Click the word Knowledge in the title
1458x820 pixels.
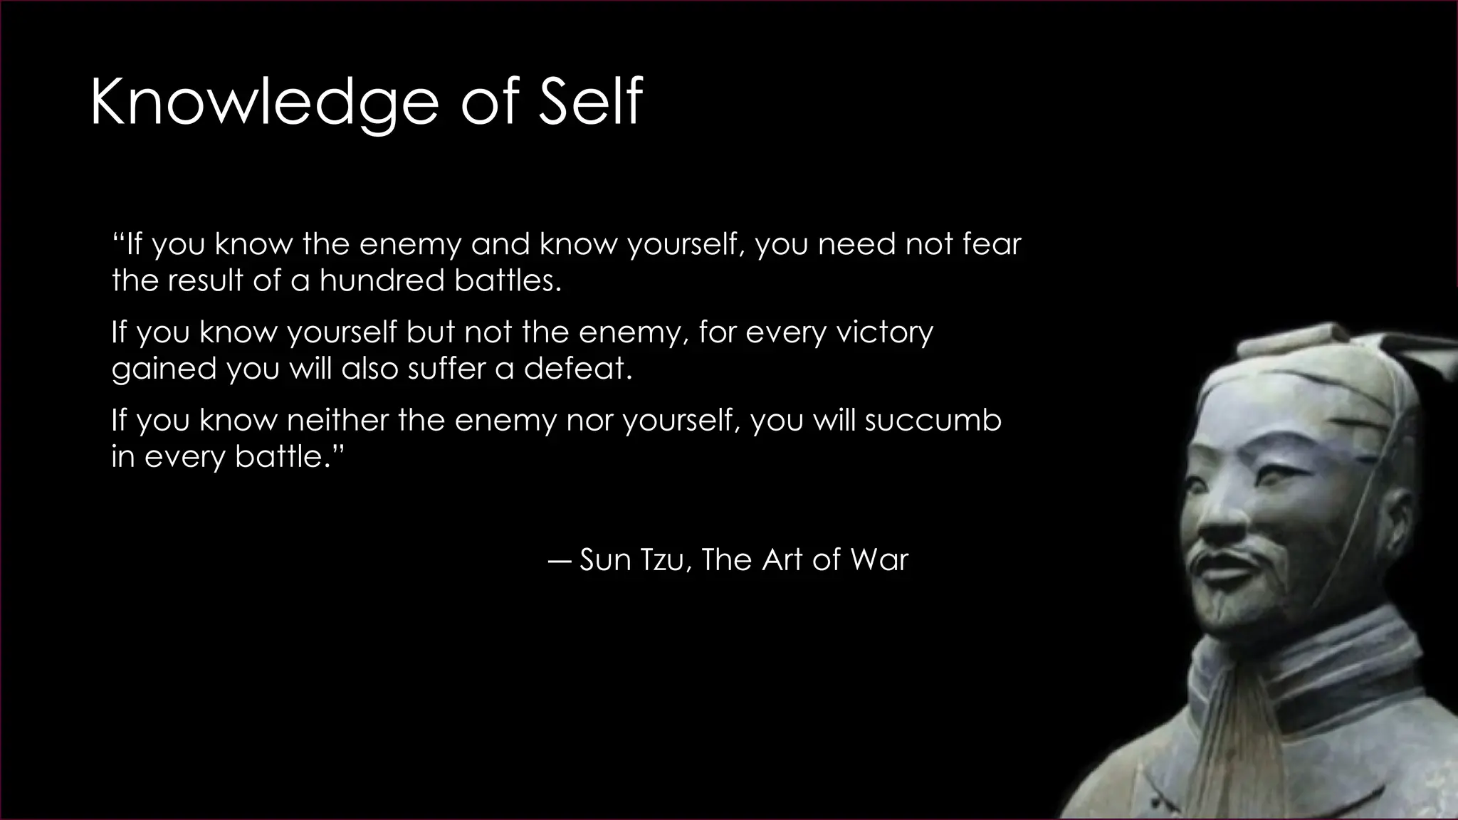point(263,104)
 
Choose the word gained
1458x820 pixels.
point(164,369)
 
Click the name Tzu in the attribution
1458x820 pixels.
point(663,559)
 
